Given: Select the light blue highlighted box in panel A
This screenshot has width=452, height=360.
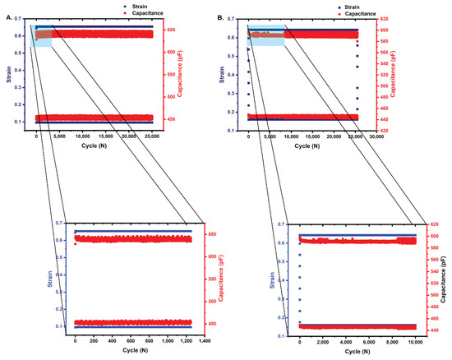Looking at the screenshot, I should click(x=41, y=35).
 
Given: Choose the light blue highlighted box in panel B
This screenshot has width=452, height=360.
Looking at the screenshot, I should click(x=266, y=35).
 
